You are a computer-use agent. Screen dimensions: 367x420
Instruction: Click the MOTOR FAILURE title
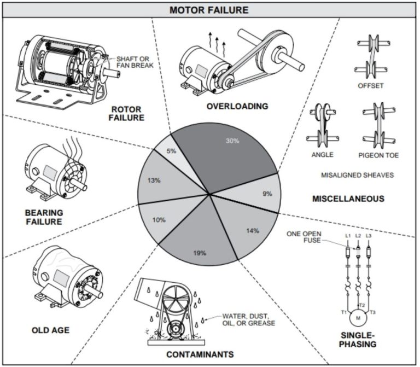(x=209, y=10)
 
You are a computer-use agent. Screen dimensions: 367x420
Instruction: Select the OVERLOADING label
(x=237, y=106)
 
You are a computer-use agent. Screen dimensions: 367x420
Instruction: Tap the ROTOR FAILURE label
(x=126, y=113)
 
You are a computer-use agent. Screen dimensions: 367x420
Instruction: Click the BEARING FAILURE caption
(x=44, y=217)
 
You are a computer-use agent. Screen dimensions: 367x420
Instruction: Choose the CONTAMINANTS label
(x=200, y=354)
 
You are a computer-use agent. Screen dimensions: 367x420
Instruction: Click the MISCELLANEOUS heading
(x=348, y=199)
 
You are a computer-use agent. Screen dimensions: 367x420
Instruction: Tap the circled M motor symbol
(x=358, y=317)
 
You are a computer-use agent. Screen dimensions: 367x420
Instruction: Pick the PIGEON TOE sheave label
(x=378, y=155)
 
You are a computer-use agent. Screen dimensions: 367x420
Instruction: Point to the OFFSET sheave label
(x=370, y=86)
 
